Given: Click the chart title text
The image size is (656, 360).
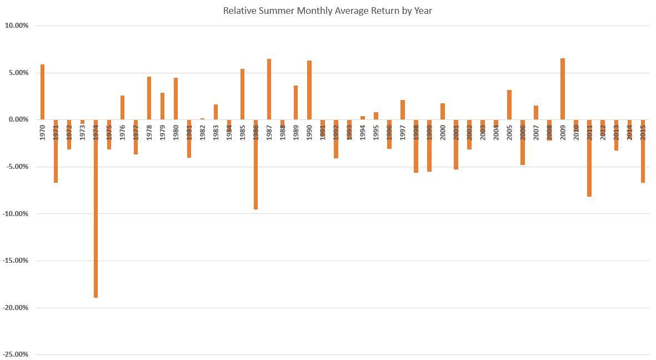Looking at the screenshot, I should [327, 11].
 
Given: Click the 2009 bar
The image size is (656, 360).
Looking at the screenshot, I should [563, 89].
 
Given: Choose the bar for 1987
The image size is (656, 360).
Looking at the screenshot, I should [269, 89].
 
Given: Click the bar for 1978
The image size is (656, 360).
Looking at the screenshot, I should [149, 98].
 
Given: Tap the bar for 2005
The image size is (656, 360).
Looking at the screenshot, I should [509, 104].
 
